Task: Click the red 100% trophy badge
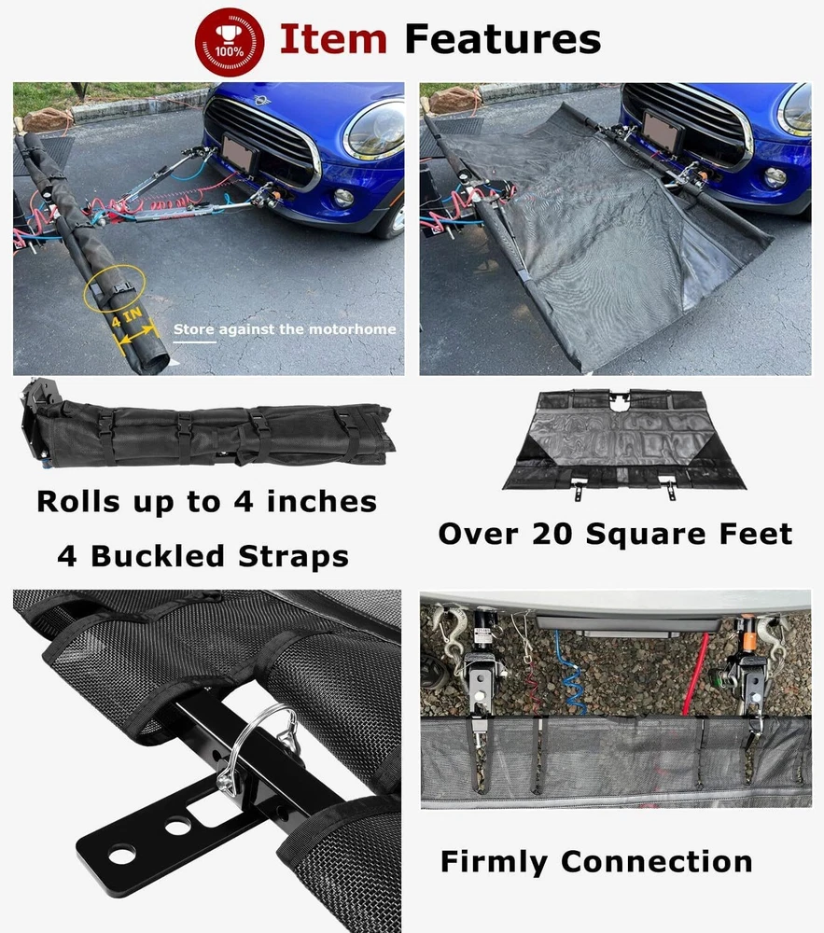[x=230, y=42]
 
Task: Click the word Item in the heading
[x=333, y=39]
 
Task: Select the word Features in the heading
[x=503, y=39]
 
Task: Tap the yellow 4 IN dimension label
[x=127, y=317]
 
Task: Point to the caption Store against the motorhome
[x=285, y=329]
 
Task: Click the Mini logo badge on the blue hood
[x=260, y=100]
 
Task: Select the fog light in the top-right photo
[x=775, y=176]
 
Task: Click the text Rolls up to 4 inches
[x=206, y=502]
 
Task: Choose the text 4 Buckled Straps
[x=203, y=556]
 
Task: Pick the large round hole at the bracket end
[x=121, y=856]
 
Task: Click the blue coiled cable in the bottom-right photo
[x=570, y=673]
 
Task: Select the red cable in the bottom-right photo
[x=693, y=675]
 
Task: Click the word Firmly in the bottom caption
[x=494, y=862]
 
